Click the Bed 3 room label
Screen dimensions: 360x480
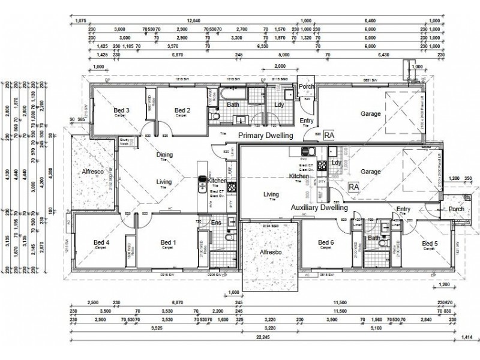(x=122, y=110)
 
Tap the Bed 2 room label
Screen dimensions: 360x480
(x=182, y=110)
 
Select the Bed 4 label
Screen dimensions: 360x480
(x=101, y=243)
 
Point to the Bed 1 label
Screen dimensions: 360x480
(x=169, y=243)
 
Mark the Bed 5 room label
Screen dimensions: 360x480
(x=430, y=243)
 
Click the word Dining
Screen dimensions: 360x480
(x=164, y=155)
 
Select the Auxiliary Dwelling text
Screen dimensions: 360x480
(x=319, y=208)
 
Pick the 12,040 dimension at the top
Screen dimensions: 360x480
(x=194, y=20)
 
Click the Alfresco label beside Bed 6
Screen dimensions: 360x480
(x=271, y=254)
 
